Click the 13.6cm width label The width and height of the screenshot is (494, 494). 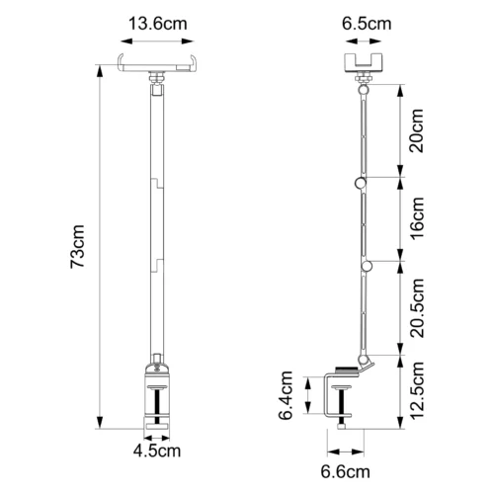[158, 24]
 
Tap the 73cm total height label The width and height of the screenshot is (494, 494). [78, 247]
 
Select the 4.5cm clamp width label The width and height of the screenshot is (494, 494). [157, 451]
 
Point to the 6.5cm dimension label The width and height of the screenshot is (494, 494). [367, 24]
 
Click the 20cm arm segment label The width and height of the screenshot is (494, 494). [416, 130]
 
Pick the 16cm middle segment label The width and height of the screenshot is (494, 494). [416, 218]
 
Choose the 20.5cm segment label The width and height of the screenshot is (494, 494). [416, 308]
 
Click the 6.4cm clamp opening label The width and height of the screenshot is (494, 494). [286, 395]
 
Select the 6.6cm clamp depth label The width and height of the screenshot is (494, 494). [346, 471]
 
